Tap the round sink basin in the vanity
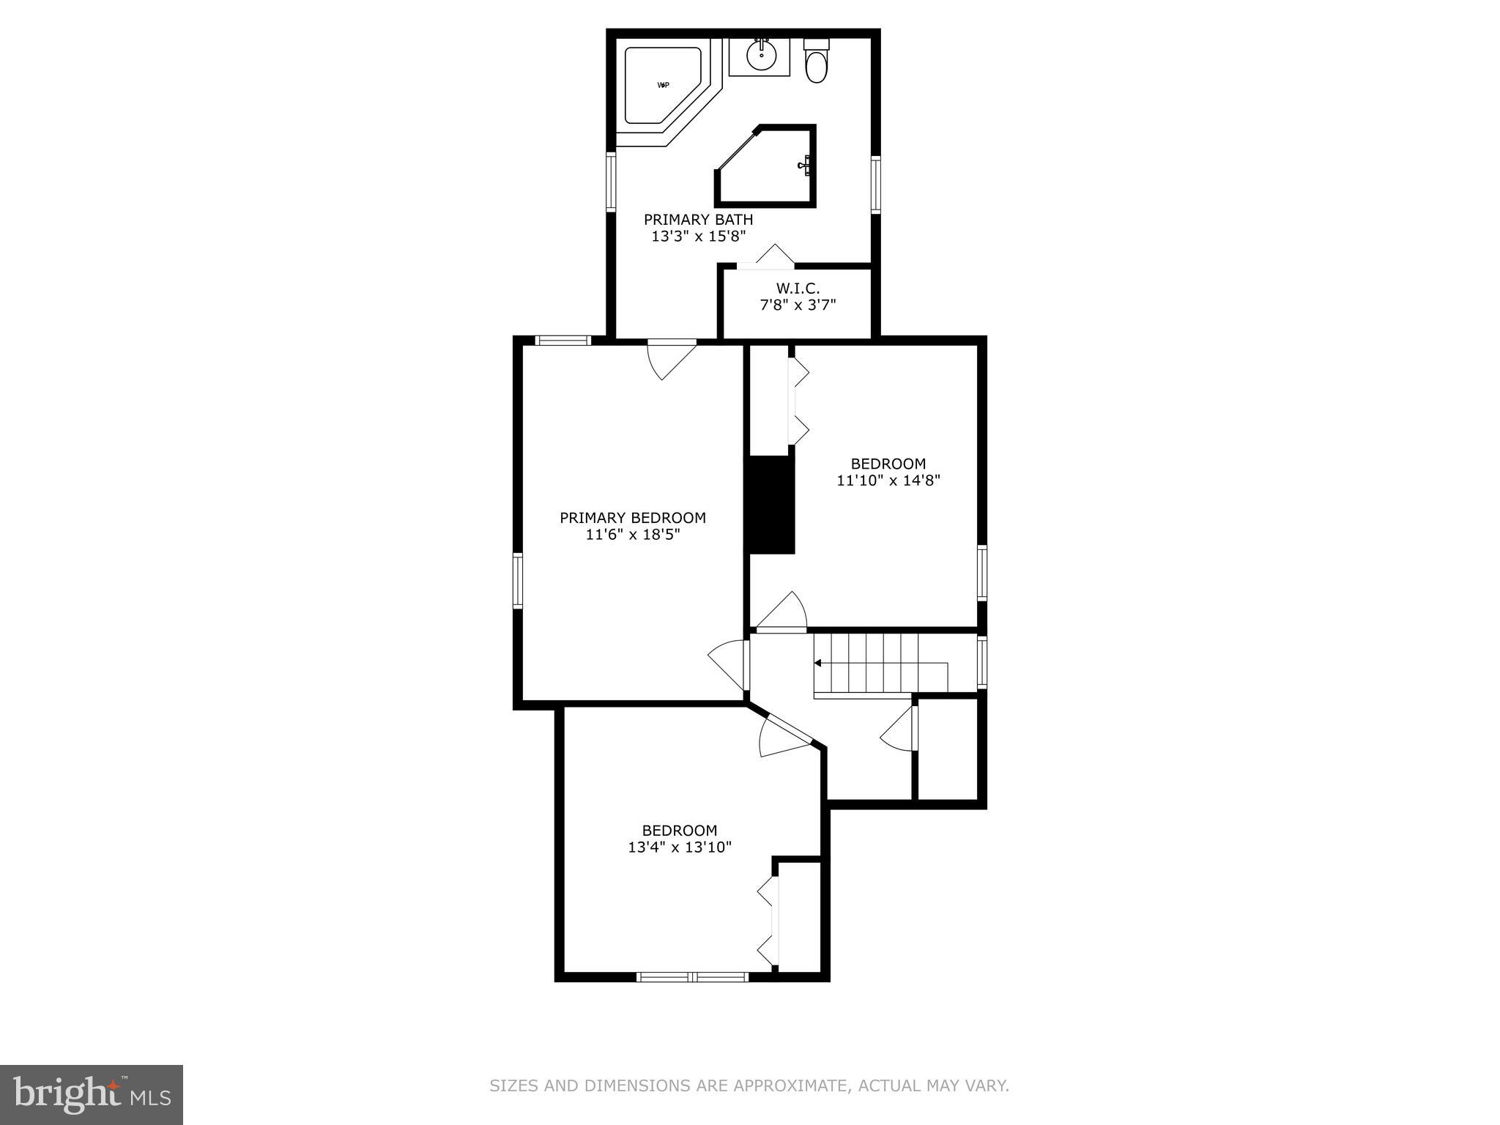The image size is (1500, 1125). click(x=762, y=53)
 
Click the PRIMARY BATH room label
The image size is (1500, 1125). click(x=698, y=220)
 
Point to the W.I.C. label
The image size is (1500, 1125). click(x=798, y=289)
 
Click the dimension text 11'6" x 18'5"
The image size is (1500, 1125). click(x=633, y=535)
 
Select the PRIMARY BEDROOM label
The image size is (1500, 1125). click(x=633, y=518)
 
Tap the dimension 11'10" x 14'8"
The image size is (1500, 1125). click(x=888, y=480)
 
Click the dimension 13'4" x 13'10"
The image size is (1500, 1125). click(x=680, y=847)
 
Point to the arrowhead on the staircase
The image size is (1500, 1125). click(x=818, y=663)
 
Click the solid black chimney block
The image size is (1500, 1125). click(x=770, y=504)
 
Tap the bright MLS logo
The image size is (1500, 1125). click(x=91, y=1094)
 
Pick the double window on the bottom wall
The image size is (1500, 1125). click(x=692, y=976)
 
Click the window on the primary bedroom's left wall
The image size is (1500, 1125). click(x=518, y=580)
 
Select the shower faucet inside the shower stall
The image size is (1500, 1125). click(x=805, y=166)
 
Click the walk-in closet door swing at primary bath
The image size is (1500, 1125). click(x=773, y=256)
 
